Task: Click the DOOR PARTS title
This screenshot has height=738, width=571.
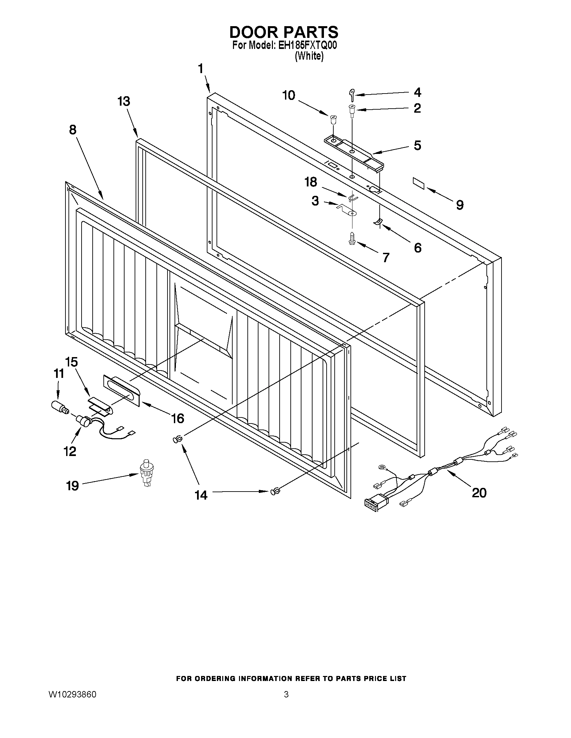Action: [283, 32]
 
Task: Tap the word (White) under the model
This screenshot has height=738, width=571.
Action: [309, 56]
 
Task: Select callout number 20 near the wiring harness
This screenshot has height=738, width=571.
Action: [479, 493]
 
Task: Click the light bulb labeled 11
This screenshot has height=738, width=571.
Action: [59, 406]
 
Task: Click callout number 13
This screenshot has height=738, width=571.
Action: [124, 101]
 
